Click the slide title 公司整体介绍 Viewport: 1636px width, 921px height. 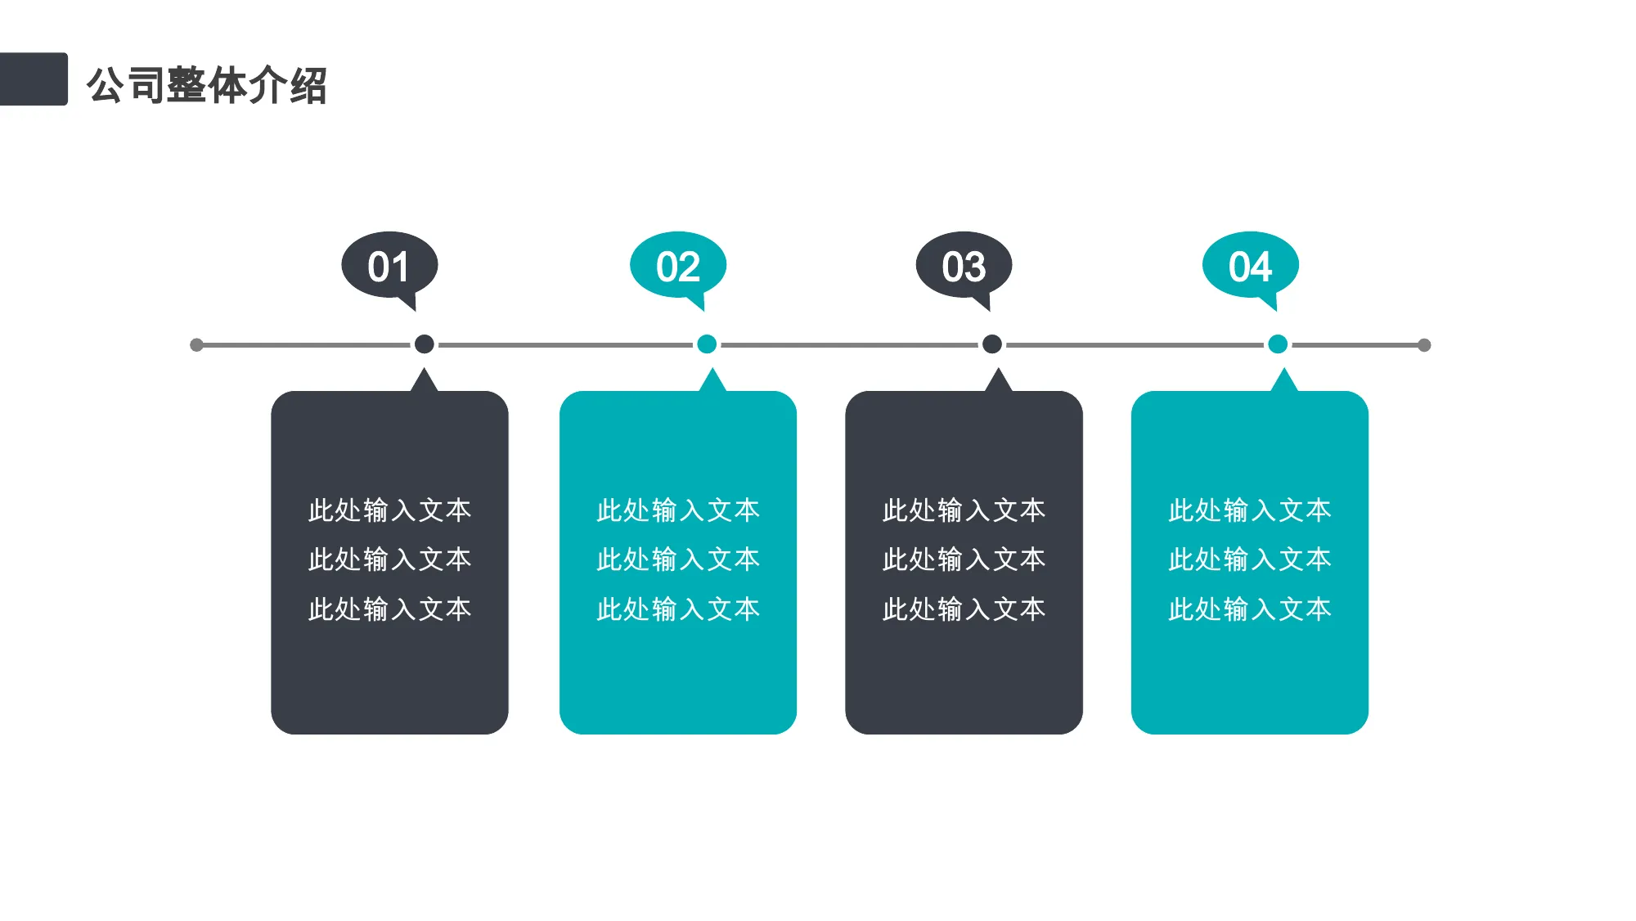207,85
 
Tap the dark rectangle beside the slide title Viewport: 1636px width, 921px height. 34,79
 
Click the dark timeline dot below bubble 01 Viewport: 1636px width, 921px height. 424,344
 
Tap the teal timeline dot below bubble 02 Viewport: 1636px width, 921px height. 707,344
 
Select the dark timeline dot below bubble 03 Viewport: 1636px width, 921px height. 992,344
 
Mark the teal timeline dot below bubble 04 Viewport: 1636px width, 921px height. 1278,344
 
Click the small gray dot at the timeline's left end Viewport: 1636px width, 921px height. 196,345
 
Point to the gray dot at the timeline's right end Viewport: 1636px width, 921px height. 1424,345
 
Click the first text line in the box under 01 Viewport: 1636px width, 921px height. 389,510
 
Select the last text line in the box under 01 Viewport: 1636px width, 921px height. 389,609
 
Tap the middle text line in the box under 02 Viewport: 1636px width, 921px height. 678,559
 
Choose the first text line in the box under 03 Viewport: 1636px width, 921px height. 964,510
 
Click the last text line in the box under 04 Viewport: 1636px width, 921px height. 1250,609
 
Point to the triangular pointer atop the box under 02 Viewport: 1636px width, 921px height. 712,382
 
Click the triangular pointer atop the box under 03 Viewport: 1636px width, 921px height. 998,382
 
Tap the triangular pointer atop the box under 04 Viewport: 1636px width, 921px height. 1284,382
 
